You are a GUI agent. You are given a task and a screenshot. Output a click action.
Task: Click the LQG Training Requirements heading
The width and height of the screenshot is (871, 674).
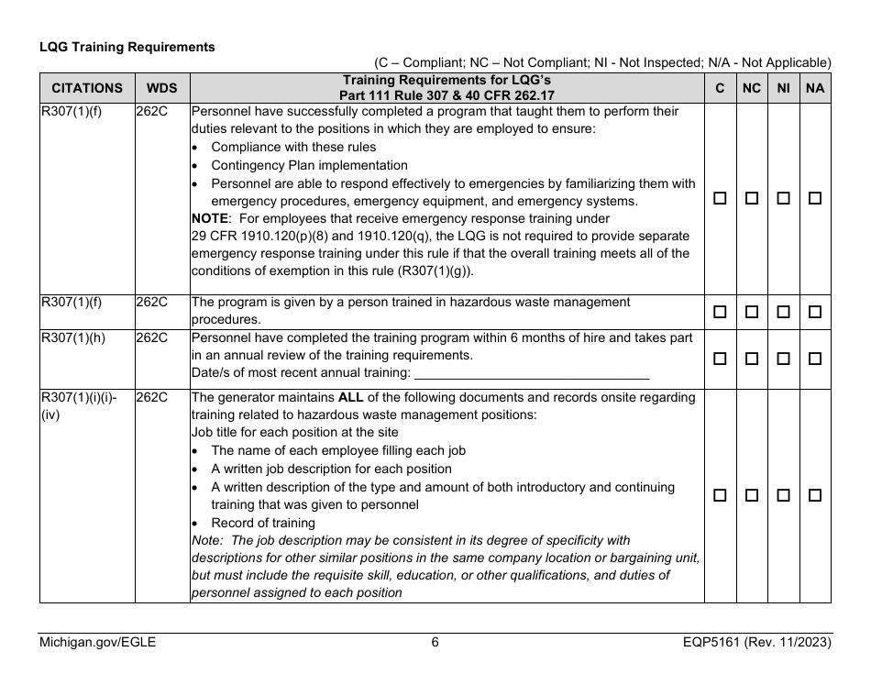point(127,47)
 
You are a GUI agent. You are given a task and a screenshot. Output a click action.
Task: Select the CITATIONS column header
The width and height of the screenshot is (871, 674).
point(87,89)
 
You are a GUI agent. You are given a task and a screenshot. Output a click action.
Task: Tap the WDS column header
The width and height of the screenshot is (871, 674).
point(162,89)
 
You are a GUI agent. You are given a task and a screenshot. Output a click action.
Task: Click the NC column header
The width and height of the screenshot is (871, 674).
point(752,89)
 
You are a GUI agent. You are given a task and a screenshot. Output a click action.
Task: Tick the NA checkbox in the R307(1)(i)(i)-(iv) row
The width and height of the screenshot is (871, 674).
point(815,495)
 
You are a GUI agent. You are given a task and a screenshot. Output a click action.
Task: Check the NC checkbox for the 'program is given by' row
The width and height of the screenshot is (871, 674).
point(752,312)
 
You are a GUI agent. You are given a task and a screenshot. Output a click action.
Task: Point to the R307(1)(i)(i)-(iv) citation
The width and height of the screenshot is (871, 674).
point(78,406)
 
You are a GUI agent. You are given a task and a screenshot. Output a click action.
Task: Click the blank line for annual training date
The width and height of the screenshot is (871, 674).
point(532,373)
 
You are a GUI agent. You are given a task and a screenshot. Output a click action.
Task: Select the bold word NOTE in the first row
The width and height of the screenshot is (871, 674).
point(209,218)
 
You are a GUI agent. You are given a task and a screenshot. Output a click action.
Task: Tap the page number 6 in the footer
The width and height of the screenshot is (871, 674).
point(435,643)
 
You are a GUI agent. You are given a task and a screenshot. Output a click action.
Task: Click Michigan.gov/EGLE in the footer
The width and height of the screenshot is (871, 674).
point(97,643)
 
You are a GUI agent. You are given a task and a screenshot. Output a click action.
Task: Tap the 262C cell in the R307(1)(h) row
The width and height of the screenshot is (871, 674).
point(152,337)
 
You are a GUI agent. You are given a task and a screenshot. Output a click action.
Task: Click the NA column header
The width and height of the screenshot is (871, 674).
point(815,89)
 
